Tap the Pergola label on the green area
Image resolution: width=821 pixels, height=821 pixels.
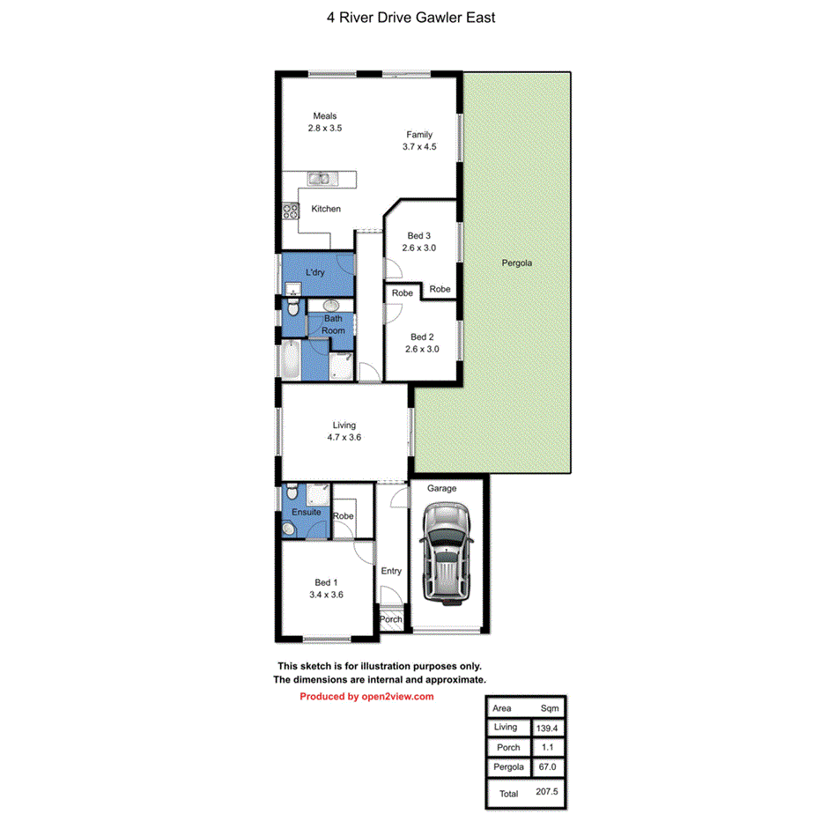(517, 263)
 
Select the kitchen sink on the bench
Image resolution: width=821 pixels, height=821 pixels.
(319, 179)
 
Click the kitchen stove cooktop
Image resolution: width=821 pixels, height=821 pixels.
(291, 210)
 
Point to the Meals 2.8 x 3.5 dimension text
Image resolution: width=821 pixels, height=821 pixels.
(324, 128)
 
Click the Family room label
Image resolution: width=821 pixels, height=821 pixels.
(419, 135)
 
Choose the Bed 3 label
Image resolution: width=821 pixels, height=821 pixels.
(419, 235)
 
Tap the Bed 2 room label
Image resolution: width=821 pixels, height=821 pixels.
(422, 337)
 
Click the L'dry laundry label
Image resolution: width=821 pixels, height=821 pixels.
(314, 272)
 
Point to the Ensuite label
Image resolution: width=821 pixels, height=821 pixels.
(306, 512)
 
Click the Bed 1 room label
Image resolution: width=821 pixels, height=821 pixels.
(325, 582)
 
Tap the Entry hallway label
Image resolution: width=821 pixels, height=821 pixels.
(391, 571)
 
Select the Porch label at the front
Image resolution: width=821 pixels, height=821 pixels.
(390, 619)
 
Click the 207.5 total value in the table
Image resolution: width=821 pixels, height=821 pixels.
(547, 792)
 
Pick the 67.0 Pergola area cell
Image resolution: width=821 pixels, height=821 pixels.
(547, 767)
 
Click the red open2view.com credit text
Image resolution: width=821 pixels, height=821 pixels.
(366, 696)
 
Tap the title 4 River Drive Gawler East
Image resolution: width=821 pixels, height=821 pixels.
(410, 17)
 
